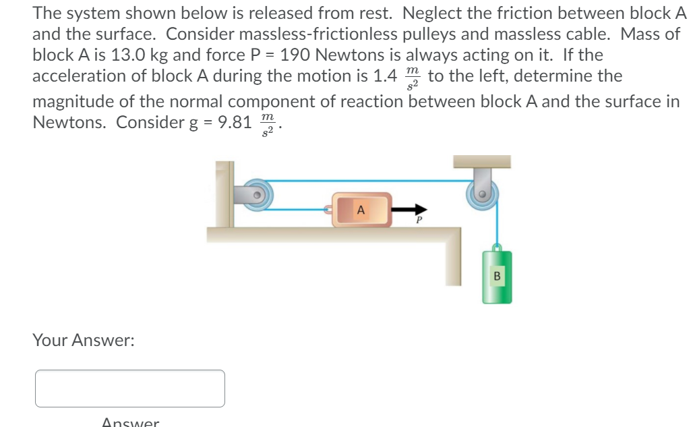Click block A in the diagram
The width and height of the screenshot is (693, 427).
361,210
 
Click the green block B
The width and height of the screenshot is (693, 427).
497,277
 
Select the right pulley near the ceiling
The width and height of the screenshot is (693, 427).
483,192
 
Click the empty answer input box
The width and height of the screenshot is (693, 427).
130,389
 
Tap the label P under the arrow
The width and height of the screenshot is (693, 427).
418,220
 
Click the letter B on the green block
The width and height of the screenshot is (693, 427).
498,275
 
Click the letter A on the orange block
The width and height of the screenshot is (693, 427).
361,209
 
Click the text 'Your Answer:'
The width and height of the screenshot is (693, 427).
84,341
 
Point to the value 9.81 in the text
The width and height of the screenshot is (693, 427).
234,123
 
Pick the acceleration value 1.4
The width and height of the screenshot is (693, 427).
385,76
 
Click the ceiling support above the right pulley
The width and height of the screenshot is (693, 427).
481,161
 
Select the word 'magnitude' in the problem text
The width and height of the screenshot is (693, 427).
69,102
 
